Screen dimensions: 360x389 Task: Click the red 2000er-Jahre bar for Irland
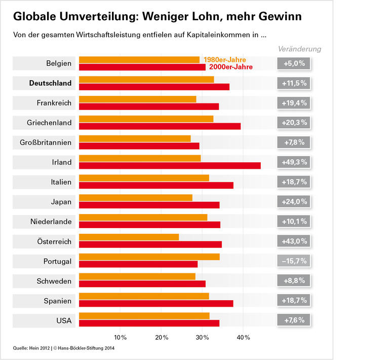pyautogui.click(x=170, y=165)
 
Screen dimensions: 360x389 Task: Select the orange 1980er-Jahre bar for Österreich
pyautogui.click(x=129, y=237)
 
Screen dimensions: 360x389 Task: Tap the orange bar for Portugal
pyautogui.click(x=149, y=257)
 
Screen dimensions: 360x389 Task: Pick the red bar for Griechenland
pyautogui.click(x=160, y=126)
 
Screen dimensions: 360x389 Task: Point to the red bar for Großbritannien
pyautogui.click(x=139, y=146)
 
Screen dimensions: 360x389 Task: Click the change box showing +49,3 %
pyautogui.click(x=294, y=162)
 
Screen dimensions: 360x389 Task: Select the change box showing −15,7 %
pyautogui.click(x=294, y=261)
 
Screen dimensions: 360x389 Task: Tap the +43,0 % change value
pyautogui.click(x=294, y=241)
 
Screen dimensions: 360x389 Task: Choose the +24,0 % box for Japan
pyautogui.click(x=294, y=202)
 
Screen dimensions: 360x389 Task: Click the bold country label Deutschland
pyautogui.click(x=50, y=83)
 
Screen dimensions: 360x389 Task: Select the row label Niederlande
pyautogui.click(x=51, y=222)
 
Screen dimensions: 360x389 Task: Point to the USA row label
pyautogui.click(x=64, y=320)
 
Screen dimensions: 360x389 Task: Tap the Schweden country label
pyautogui.click(x=54, y=281)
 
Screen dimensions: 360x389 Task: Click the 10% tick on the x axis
pyautogui.click(x=120, y=337)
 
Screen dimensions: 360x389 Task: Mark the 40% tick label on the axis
pyautogui.click(x=243, y=337)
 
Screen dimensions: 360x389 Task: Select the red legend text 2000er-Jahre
pyautogui.click(x=230, y=67)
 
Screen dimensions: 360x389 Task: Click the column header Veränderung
pyautogui.click(x=299, y=49)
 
